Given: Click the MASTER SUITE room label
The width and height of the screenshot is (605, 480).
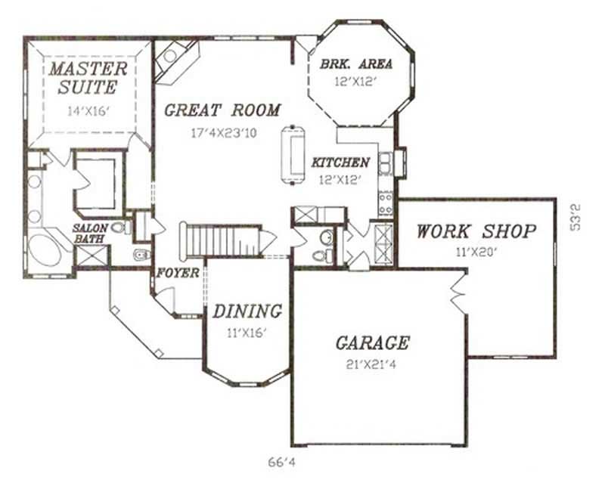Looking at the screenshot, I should [88, 78].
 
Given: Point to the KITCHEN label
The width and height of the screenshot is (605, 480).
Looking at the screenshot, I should [340, 163].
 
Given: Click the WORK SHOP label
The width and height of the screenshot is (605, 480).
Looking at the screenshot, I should [476, 231].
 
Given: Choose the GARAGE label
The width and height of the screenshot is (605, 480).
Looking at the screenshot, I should [372, 343].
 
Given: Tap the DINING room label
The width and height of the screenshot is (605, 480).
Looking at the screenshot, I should [247, 311].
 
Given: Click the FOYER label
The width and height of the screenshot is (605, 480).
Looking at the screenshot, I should [178, 273].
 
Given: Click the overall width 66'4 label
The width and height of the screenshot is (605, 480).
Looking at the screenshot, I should [281, 461].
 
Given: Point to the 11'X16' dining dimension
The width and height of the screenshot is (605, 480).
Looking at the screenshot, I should [247, 332].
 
